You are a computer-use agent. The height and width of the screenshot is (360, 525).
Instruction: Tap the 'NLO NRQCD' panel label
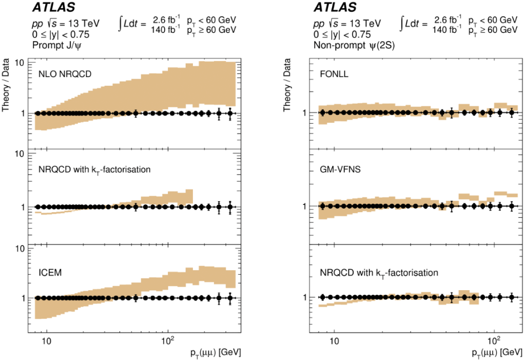[65, 74]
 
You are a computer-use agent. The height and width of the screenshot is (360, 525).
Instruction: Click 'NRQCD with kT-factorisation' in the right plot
[379, 273]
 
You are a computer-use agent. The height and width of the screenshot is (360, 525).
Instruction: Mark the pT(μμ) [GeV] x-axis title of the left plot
[215, 353]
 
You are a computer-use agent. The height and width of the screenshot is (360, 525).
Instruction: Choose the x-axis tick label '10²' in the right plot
[494, 339]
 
